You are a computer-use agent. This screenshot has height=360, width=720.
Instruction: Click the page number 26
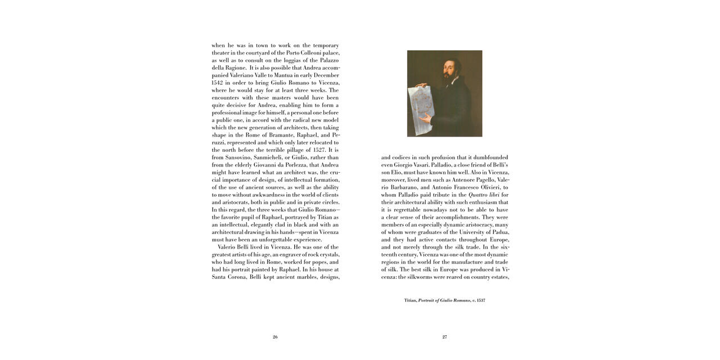275,337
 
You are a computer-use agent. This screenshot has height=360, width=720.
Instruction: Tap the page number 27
444,337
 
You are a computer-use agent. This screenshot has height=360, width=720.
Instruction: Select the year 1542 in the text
218,83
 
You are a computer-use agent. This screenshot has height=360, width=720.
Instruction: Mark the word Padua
500,232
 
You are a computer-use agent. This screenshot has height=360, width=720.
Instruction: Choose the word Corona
236,277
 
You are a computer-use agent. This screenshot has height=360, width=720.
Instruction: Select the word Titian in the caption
410,300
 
